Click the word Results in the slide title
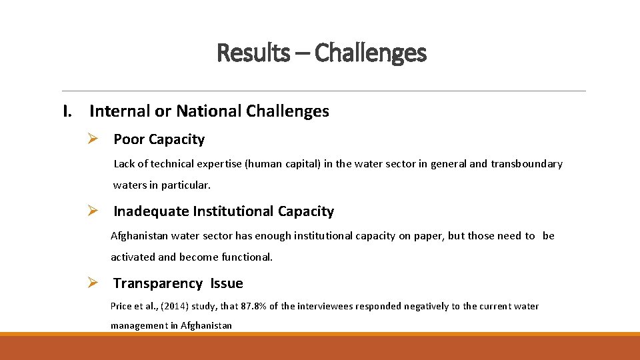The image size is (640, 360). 253,52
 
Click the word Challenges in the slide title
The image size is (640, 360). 370,52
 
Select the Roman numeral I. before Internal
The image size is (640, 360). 67,111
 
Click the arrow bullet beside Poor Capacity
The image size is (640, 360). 93,139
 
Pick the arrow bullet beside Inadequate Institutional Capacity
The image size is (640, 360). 93,211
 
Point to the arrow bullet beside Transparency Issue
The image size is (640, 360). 93,283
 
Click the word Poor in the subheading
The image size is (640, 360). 129,139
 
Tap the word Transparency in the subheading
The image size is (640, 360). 158,283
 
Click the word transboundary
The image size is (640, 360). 527,164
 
